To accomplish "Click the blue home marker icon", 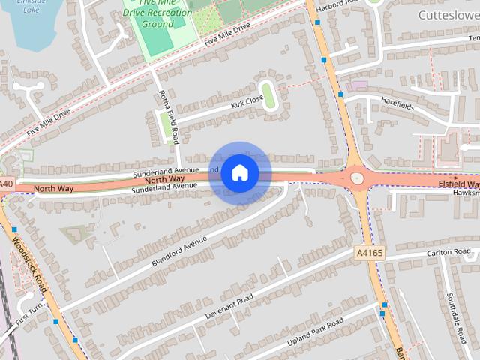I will point(239,172).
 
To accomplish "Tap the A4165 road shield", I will point(370,253).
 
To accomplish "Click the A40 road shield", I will point(6,184).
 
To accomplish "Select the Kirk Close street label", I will point(247,103).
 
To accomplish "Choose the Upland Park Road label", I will point(316,333).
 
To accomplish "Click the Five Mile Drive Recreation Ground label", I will point(157,13).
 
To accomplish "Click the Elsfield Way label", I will point(457,184).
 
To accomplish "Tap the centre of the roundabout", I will point(356,178).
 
